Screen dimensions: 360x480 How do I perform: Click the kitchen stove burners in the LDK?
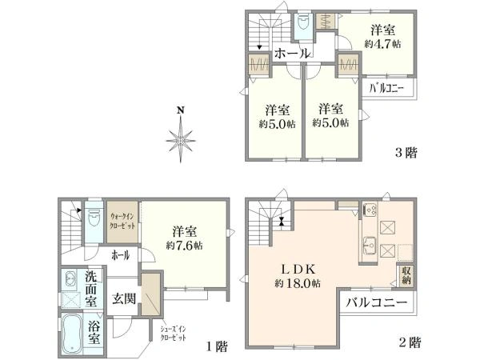click(x=371, y=211)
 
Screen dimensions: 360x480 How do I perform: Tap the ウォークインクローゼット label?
click(x=124, y=220)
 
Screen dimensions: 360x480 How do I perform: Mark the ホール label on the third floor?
click(x=292, y=53)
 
